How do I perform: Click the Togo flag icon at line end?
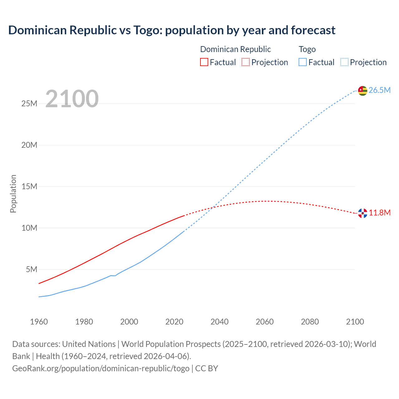click(363, 90)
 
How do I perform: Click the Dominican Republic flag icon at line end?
click(363, 213)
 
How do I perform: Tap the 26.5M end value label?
click(379, 90)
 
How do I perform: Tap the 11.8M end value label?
click(380, 213)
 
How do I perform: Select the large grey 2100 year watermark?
click(72, 99)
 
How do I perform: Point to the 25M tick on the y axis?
click(29, 103)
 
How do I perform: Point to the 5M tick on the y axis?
click(31, 269)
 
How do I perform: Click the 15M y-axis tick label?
click(29, 186)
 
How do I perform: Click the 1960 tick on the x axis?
click(39, 322)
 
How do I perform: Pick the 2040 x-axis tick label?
click(219, 322)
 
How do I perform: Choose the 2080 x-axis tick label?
click(310, 322)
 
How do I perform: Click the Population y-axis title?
click(13, 194)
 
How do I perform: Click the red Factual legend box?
click(204, 62)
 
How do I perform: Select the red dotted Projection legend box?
click(246, 62)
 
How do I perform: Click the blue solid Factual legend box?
click(302, 62)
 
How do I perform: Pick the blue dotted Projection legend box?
click(344, 62)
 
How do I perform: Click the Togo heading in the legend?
click(307, 49)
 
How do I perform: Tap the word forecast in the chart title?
click(313, 30)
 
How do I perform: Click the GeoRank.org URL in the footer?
click(101, 368)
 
